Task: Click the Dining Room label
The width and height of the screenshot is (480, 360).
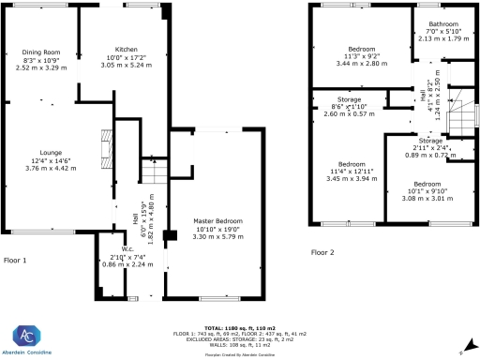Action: [x=40, y=52]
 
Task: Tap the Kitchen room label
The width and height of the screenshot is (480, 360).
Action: [x=127, y=49]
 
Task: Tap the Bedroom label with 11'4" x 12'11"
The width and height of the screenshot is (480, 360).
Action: [x=352, y=162]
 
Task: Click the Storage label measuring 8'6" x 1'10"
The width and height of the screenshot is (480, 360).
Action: [x=351, y=100]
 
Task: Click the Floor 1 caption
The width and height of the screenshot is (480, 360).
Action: [x=15, y=260]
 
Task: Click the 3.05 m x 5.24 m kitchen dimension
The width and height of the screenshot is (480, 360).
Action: [x=127, y=66]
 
